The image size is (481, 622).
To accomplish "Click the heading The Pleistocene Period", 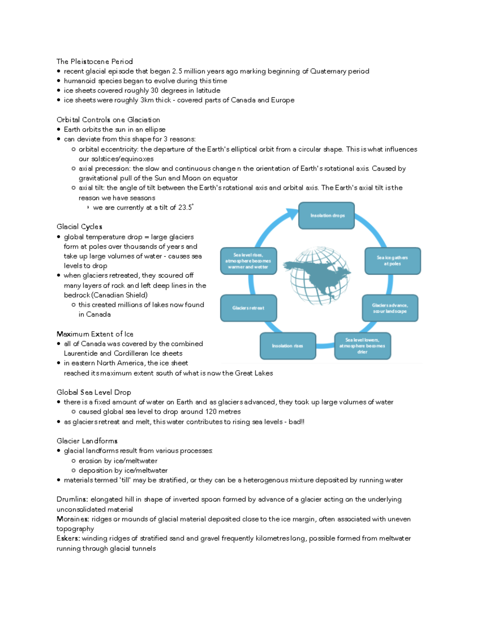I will tap(94, 61).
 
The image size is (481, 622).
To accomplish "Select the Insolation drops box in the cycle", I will tap(327, 215).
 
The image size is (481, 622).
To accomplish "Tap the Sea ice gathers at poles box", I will tap(392, 261).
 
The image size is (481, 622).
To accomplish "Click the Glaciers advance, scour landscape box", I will tap(390, 308).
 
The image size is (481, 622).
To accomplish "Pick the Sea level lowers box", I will tap(362, 346).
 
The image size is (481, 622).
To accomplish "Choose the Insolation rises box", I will tap(287, 346).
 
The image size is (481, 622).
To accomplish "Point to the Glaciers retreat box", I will tap(248, 308).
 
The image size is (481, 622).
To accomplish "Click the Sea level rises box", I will tap(248, 261).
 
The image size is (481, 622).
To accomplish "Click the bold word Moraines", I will tap(73, 519).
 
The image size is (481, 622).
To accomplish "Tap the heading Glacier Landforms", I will tap(87, 441).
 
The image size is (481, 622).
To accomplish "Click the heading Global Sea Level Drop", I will tap(94, 392).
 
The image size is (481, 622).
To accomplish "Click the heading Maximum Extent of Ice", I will tap(95, 334).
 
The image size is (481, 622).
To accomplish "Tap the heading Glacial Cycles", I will tap(79, 227).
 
